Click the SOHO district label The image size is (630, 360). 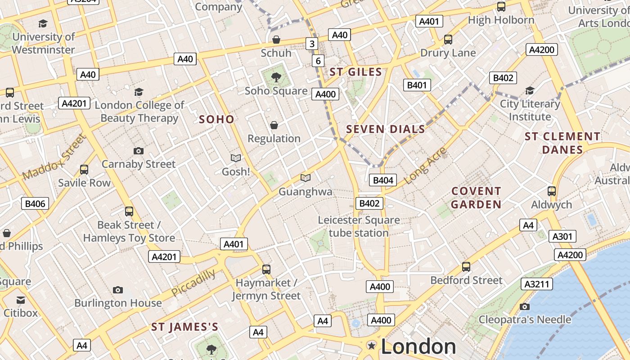(x=216, y=119)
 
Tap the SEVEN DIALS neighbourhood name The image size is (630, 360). (x=385, y=130)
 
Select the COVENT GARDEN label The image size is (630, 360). (x=476, y=198)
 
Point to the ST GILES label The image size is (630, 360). (x=355, y=72)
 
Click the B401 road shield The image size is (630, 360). (x=417, y=85)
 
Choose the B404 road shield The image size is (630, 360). (x=383, y=180)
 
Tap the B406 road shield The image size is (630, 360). (x=35, y=204)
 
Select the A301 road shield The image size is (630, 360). (x=562, y=237)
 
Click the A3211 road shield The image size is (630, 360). (x=537, y=284)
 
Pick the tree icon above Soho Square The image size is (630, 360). (x=276, y=77)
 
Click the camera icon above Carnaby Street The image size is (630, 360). (x=139, y=151)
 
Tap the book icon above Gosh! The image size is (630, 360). (x=236, y=158)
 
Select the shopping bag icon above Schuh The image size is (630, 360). (x=276, y=40)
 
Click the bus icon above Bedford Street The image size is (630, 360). (x=466, y=267)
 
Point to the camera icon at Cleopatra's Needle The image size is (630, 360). (x=524, y=306)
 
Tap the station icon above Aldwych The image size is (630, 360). (x=552, y=191)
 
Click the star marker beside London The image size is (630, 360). (x=372, y=346)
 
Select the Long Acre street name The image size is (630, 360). (x=425, y=165)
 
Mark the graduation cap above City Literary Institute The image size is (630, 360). (x=530, y=90)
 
